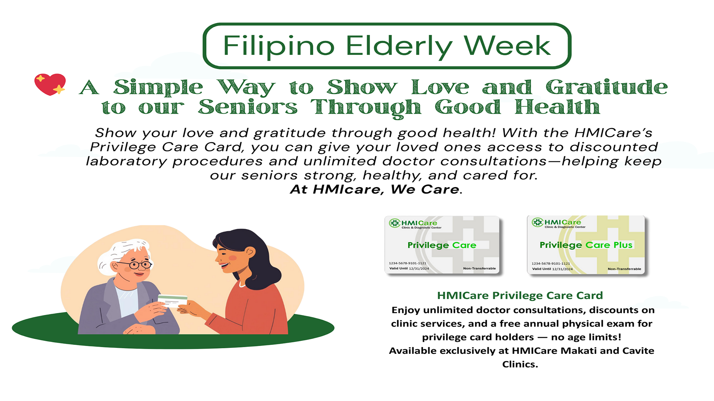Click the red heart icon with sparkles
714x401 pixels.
click(50, 84)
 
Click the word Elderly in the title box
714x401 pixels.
click(400, 47)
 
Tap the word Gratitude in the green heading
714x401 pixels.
click(607, 87)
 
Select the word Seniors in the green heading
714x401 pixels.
click(248, 107)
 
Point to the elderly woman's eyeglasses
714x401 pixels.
click(135, 265)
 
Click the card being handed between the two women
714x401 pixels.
click(173, 301)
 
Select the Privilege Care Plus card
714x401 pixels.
click(586, 245)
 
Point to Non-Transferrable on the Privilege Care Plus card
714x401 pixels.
click(624, 269)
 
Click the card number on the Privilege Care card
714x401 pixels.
click(408, 263)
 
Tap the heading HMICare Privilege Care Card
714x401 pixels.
click(520, 296)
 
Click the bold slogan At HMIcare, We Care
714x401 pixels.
click(376, 189)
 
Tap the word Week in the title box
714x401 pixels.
click(507, 46)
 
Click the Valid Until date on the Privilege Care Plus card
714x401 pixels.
click(562, 269)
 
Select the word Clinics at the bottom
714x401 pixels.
click(520, 364)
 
